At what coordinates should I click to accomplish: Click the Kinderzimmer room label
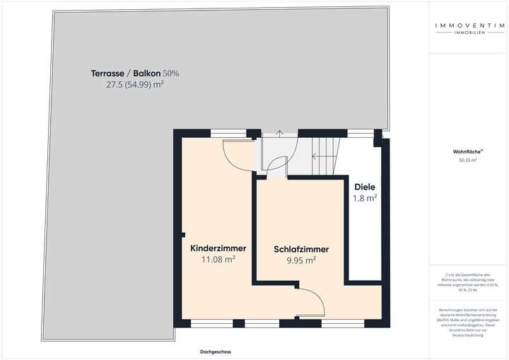[x=218, y=248]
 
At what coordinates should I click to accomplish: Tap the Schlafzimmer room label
[x=301, y=249]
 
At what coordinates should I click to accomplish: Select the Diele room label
[x=365, y=187]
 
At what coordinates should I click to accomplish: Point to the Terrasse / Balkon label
[x=126, y=74]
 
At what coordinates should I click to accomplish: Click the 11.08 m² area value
[x=218, y=260]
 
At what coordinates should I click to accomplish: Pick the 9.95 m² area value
[x=301, y=260]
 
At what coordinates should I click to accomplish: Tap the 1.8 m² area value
[x=365, y=198]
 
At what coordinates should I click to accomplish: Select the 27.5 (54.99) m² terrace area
[x=134, y=84]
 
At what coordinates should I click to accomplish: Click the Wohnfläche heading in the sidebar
[x=467, y=151]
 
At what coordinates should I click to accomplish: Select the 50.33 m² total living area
[x=467, y=161]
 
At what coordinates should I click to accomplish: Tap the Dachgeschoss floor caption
[x=215, y=352]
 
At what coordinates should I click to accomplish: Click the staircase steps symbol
[x=326, y=152]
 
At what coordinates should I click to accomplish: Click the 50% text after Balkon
[x=171, y=74]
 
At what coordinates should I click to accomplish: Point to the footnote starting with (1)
[x=467, y=281]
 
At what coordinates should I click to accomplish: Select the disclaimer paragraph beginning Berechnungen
[x=467, y=322]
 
